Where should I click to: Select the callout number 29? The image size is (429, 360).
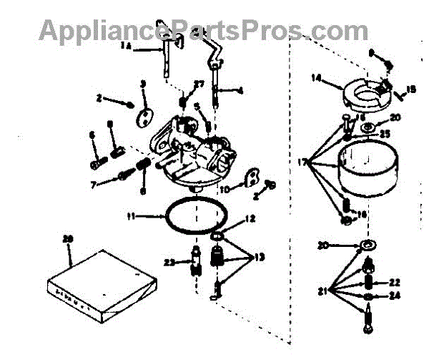(69, 238)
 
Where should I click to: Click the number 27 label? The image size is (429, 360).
(199, 84)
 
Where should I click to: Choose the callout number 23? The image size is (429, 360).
(169, 263)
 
